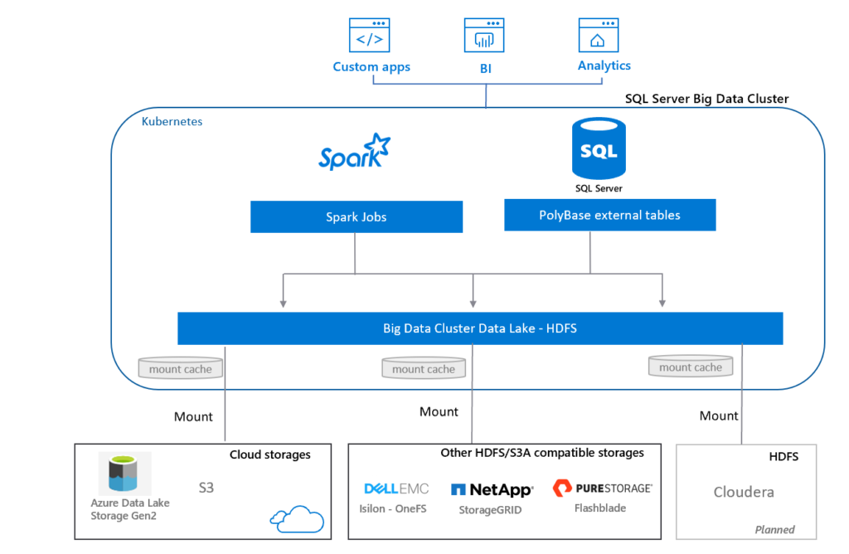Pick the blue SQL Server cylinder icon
tap(599, 150)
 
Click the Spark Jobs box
tap(356, 217)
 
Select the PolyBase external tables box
tap(609, 216)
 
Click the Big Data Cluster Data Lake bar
tap(480, 328)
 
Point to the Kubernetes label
tap(172, 121)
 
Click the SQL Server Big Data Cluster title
tap(706, 99)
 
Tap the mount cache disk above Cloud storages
tap(180, 368)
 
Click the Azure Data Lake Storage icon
tap(124, 474)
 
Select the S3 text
tap(206, 488)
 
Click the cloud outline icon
tap(296, 518)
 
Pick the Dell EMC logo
tap(396, 488)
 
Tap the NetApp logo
tap(491, 489)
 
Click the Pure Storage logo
tap(602, 488)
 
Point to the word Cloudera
tap(744, 492)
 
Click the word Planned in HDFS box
tap(774, 529)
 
